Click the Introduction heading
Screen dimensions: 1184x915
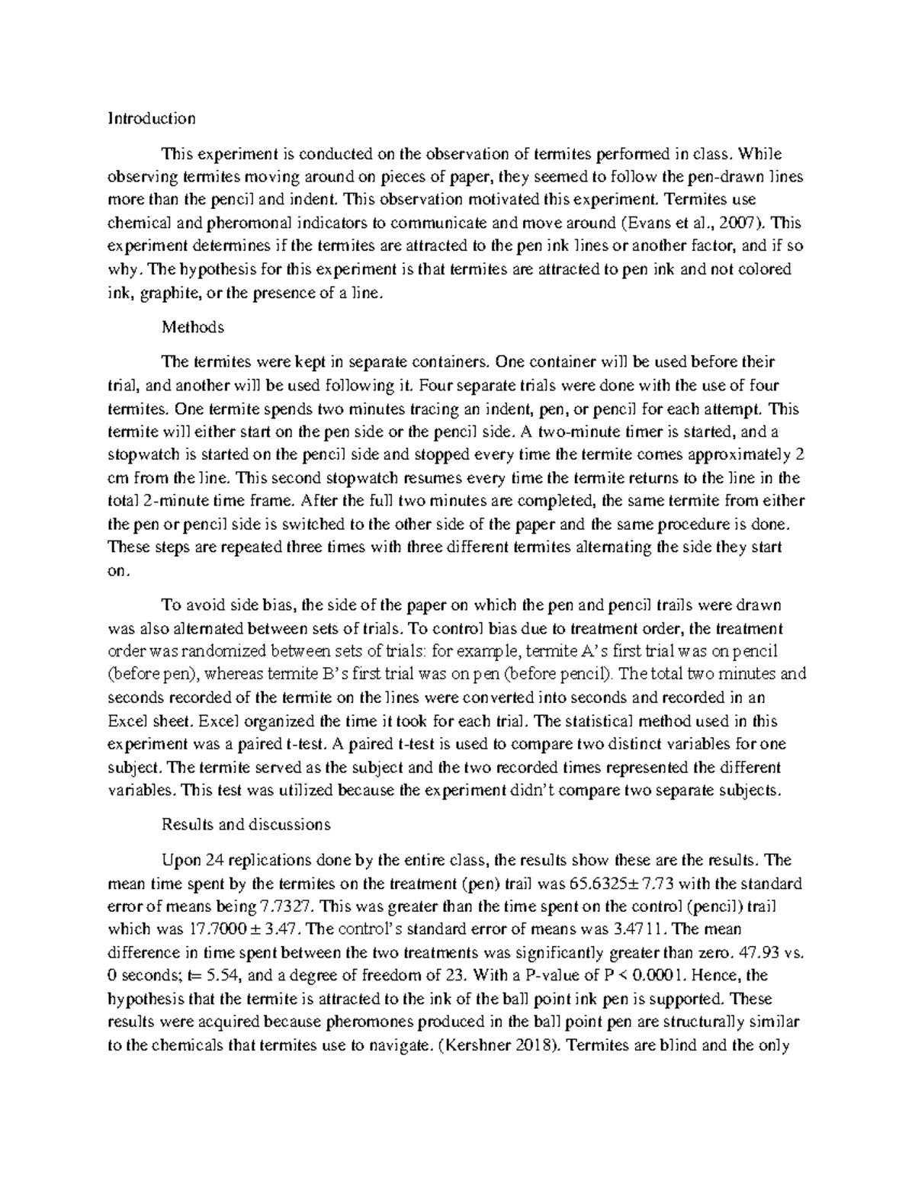(151, 118)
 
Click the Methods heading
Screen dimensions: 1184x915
(192, 328)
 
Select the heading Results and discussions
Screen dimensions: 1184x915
(246, 825)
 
